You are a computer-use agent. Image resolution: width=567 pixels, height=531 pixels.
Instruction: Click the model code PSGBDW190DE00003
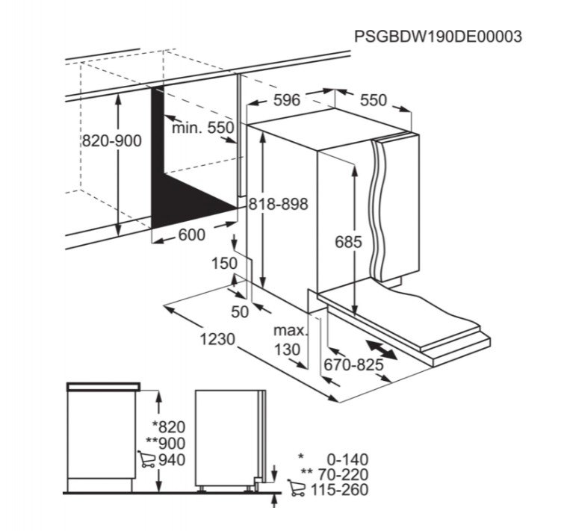(438, 37)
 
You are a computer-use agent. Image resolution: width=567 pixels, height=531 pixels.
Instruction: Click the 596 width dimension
(287, 100)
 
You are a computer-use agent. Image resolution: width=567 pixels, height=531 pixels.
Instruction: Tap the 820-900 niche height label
(112, 141)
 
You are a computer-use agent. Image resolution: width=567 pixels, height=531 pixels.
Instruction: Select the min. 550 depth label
(203, 127)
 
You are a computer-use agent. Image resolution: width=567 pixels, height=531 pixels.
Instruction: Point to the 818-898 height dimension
(279, 204)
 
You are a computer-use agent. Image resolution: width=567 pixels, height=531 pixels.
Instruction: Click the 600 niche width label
(192, 235)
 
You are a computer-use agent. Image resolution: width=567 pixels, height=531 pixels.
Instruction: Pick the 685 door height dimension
(348, 242)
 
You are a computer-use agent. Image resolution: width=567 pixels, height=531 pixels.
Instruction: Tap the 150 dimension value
(224, 264)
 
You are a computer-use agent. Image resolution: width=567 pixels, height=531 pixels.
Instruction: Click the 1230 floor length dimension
(217, 339)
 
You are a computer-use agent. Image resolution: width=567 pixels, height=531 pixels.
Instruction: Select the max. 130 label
(290, 340)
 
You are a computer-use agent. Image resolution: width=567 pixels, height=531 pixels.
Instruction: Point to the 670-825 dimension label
(353, 364)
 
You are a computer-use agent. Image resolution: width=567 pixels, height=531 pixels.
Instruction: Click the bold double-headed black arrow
(381, 350)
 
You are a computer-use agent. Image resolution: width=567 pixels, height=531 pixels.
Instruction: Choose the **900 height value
(166, 444)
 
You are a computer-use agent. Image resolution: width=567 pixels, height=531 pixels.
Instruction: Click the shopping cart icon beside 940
(146, 459)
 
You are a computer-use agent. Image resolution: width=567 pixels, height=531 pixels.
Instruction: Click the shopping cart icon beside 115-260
(297, 488)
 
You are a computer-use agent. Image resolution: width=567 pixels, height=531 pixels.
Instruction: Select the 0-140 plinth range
(347, 460)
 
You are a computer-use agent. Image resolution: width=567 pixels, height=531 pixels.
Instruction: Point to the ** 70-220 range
(335, 474)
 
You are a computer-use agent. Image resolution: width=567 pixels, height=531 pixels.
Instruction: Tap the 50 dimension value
(240, 311)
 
